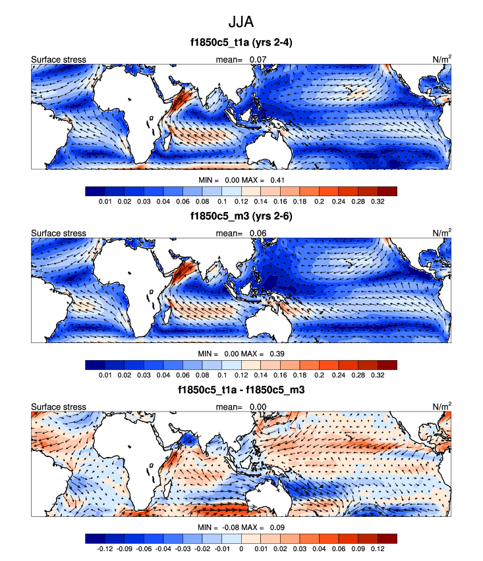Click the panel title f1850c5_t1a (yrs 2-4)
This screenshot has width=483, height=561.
[x=241, y=44]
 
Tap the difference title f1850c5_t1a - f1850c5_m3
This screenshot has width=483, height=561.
[x=241, y=390]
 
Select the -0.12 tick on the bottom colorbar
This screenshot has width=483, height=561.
[x=104, y=548]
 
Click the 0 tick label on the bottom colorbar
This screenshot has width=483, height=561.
[x=241, y=548]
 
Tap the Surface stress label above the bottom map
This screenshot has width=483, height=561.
[x=59, y=407]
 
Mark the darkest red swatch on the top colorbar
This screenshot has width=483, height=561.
[x=387, y=191]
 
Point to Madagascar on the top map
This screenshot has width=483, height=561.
[x=169, y=140]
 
